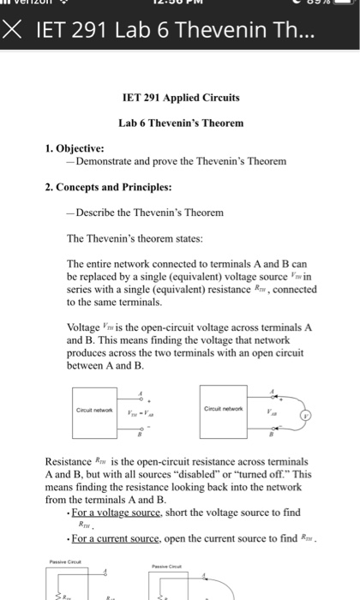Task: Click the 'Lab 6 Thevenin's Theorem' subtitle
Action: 180,123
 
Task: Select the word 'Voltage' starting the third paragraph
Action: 85,327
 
